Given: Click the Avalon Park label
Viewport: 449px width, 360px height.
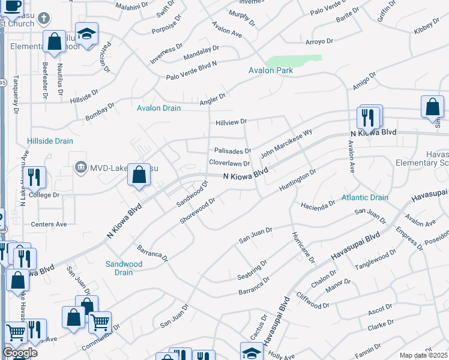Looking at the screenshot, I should pyautogui.click(x=271, y=71).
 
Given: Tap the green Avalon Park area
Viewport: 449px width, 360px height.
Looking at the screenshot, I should pyautogui.click(x=294, y=61).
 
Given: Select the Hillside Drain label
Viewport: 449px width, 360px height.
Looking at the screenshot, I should pyautogui.click(x=50, y=142).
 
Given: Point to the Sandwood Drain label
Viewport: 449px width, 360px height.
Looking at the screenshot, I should pyautogui.click(x=124, y=268).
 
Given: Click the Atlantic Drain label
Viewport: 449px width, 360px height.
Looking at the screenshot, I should pyautogui.click(x=365, y=197).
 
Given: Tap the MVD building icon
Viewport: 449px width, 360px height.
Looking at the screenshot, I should pyautogui.click(x=80, y=167).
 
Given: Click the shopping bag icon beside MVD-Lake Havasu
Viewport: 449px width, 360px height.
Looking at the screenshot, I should pyautogui.click(x=139, y=176).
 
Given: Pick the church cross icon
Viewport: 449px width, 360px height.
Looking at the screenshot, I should pyautogui.click(x=44, y=18).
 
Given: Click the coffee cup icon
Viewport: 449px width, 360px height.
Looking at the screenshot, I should pyautogui.click(x=12, y=6).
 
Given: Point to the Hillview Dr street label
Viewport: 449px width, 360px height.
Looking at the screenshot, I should pyautogui.click(x=231, y=122).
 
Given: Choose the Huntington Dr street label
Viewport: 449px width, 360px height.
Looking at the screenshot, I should pyautogui.click(x=297, y=181).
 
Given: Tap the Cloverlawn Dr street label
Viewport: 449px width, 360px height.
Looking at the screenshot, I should pyautogui.click(x=229, y=163).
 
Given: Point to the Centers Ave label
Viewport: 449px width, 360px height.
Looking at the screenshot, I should pyautogui.click(x=49, y=224).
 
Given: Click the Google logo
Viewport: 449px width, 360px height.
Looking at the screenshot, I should pyautogui.click(x=20, y=353).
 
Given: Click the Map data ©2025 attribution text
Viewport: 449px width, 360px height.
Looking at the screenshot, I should pyautogui.click(x=423, y=355).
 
